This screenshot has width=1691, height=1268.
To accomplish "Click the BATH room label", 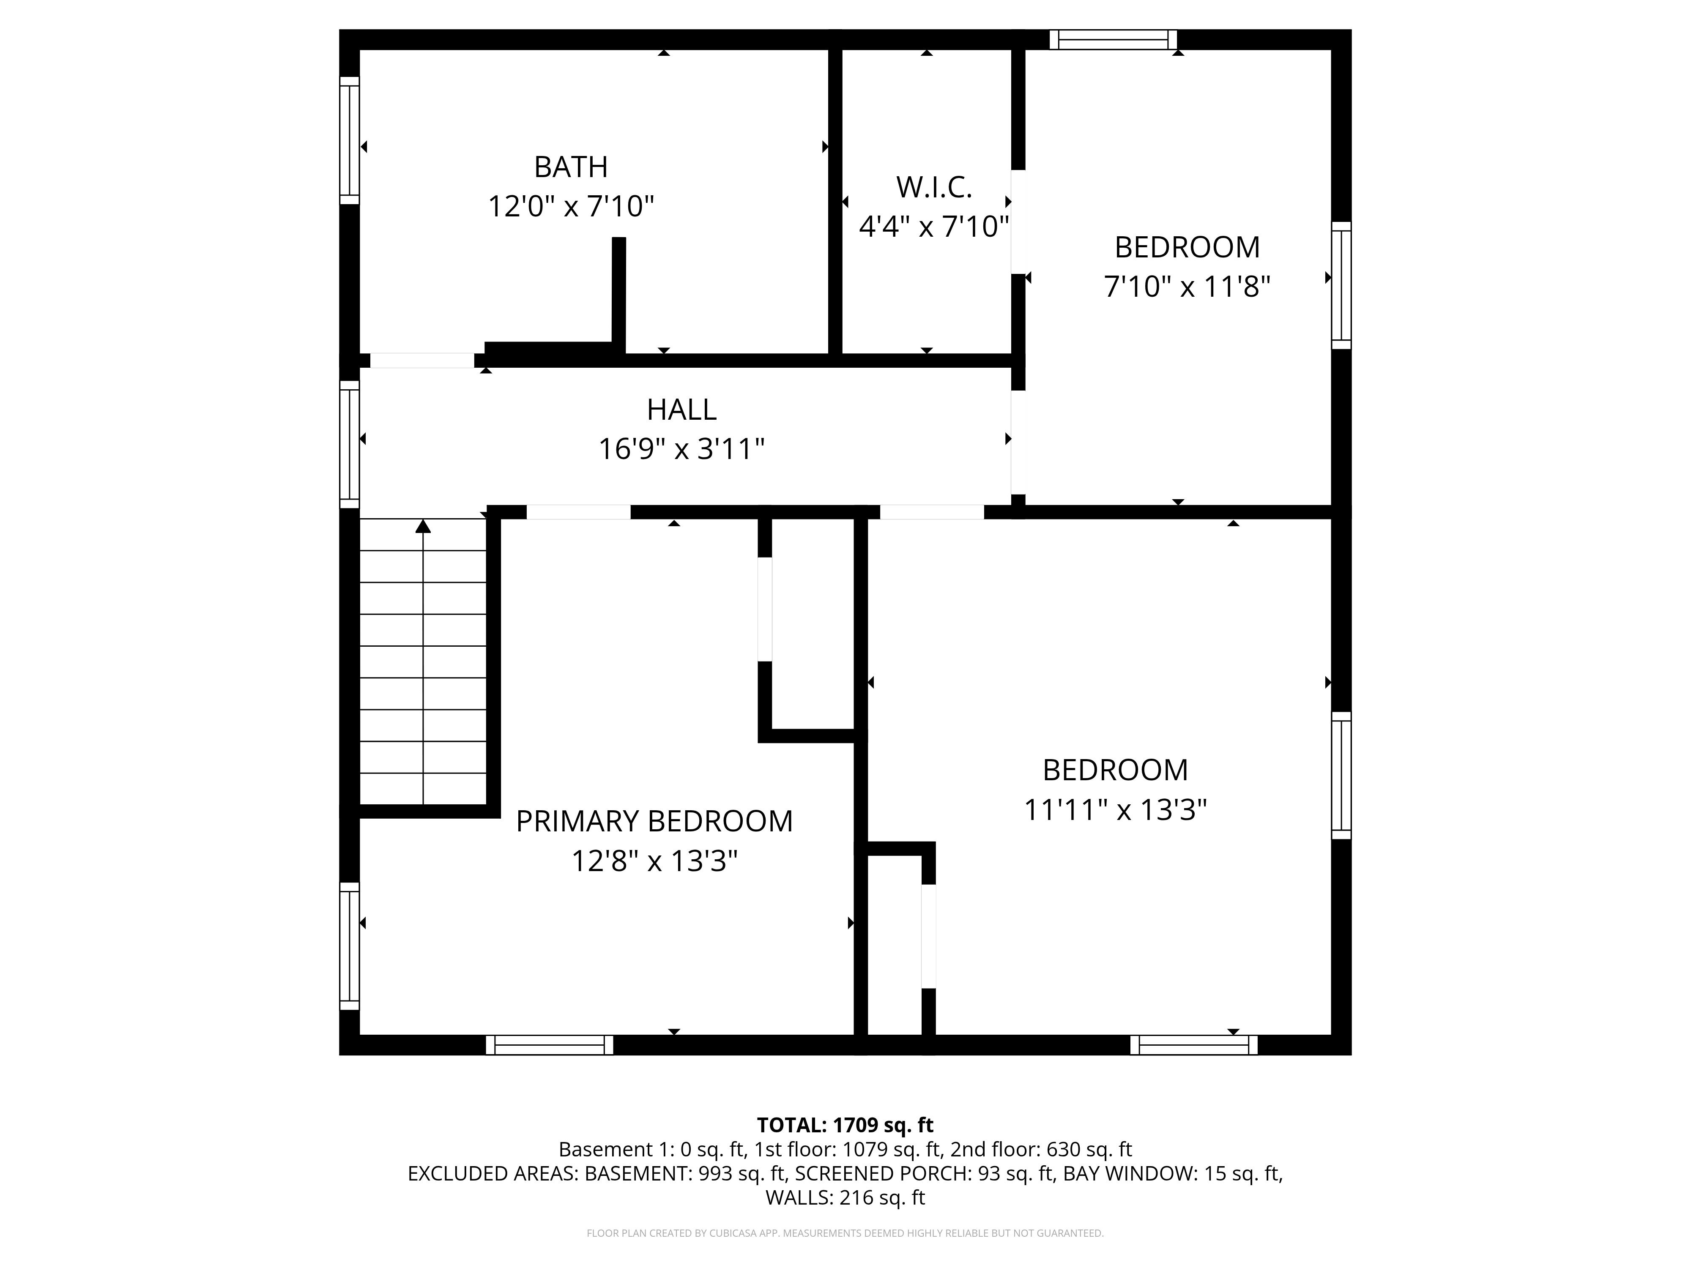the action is tap(571, 167).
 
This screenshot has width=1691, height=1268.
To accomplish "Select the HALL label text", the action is tap(681, 410).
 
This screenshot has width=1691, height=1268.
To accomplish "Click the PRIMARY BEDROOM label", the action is tap(654, 821).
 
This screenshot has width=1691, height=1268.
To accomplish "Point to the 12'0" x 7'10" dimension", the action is tap(571, 206).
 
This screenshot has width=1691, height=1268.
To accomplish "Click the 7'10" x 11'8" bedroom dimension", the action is tap(1187, 287).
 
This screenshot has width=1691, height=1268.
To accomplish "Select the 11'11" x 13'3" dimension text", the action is tap(1115, 809).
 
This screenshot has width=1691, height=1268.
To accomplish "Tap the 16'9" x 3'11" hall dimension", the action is tap(681, 448).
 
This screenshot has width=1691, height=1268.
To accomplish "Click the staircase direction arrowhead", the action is tap(423, 526).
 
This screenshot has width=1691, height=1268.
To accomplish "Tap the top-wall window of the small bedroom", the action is tap(1113, 40).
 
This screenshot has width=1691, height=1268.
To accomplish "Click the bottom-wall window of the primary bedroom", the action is tap(550, 1045).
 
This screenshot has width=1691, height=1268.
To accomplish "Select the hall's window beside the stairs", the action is tap(349, 444).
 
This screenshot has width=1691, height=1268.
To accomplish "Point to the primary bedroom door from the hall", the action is tap(579, 512).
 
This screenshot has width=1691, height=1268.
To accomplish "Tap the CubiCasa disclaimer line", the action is tap(845, 1233).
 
